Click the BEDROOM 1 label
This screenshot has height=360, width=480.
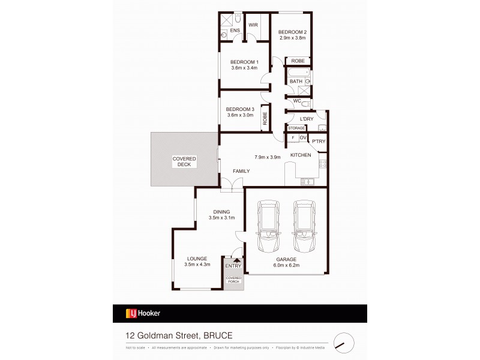244,62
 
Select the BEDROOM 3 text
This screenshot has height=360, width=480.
240,109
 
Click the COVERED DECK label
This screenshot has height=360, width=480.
184,161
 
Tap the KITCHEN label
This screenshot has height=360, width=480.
301,155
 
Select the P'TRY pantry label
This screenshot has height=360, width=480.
318,141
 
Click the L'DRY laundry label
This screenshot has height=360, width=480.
306,119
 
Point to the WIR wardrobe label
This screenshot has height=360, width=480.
253,25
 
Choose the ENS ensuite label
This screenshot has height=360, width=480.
235,30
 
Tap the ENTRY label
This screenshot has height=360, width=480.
233,266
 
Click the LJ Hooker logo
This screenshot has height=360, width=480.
142,313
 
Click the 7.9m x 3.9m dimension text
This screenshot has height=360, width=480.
268,157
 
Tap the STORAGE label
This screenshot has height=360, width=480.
296,128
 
